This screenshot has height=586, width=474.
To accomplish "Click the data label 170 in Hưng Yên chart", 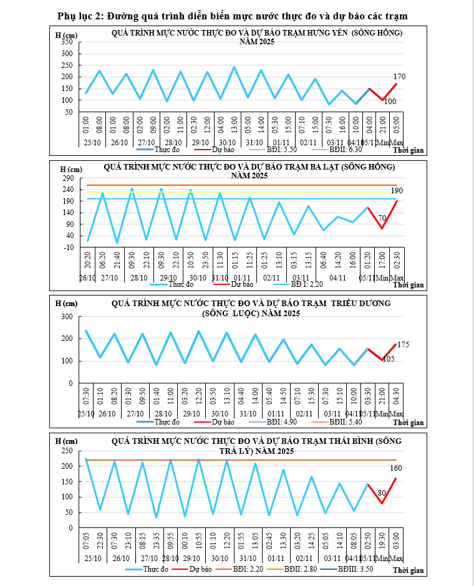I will (400, 77).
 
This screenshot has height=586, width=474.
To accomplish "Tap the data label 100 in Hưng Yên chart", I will (390, 101).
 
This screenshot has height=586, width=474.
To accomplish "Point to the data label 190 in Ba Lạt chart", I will (398, 190).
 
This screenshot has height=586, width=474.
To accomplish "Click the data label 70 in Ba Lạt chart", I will (383, 218).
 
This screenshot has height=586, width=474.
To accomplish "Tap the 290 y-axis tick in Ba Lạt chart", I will (67, 178).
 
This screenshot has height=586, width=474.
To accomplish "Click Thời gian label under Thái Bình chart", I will (409, 570).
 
